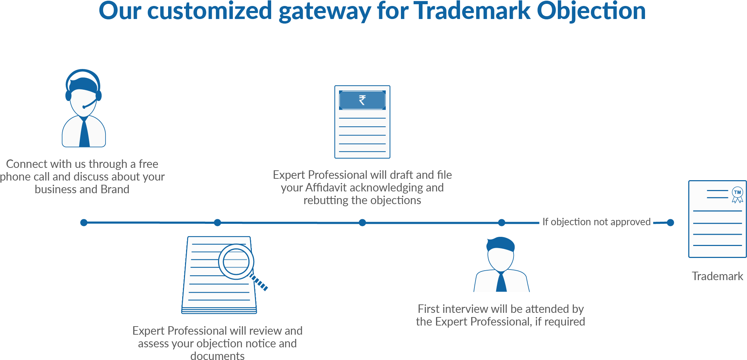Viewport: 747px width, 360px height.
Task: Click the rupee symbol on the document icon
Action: [362, 100]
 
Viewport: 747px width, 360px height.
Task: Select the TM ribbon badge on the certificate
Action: [738, 194]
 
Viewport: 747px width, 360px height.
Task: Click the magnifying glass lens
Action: [236, 262]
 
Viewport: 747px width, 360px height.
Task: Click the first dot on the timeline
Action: [84, 222]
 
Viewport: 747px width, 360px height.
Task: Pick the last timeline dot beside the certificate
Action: [671, 222]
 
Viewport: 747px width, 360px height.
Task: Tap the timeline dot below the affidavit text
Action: [362, 222]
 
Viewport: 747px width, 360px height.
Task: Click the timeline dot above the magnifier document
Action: [217, 222]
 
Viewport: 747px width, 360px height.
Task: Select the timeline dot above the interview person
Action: [502, 222]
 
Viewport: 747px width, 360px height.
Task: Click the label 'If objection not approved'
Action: [596, 222]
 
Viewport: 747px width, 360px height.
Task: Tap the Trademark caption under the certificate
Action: [717, 276]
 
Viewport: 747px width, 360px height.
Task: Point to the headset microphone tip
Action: [84, 107]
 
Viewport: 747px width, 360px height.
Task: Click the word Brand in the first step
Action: [115, 189]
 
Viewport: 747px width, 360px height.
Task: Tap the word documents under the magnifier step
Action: [217, 355]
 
